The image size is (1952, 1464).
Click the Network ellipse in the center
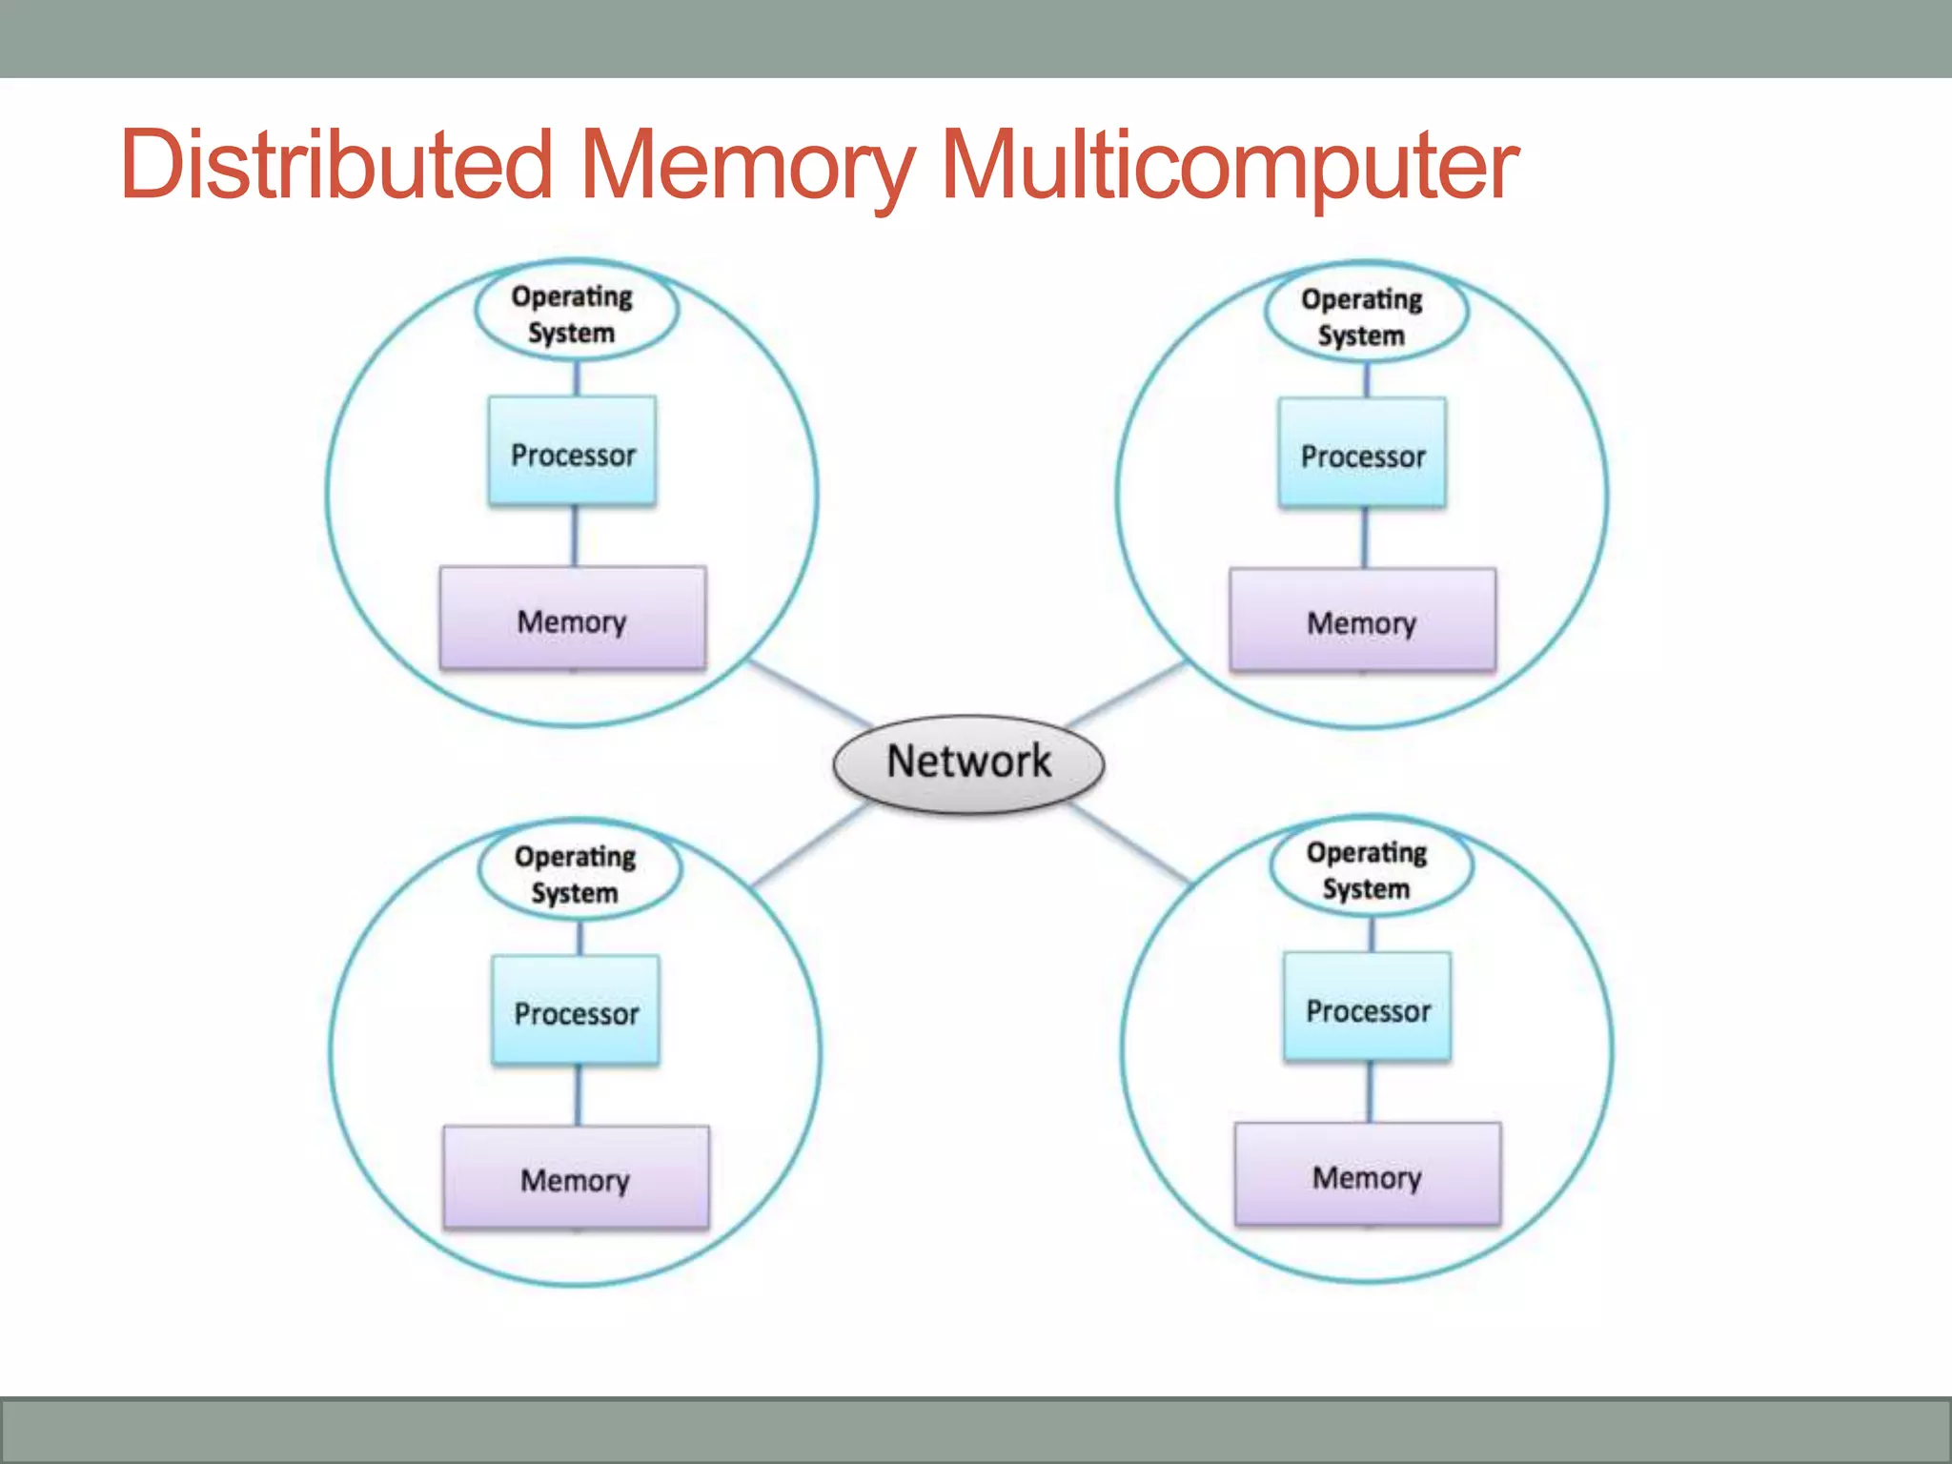pos(968,763)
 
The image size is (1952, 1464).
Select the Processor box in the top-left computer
pos(572,451)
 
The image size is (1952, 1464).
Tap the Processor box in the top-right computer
pos(1362,453)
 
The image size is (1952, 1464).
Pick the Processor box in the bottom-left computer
pos(576,1010)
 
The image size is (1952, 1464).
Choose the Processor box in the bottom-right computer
pos(1367,1007)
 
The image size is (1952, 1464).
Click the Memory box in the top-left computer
pos(572,619)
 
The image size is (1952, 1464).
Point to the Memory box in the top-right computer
pos(1362,620)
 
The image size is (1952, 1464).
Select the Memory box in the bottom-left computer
pos(576,1178)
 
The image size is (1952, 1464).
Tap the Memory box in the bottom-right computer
pos(1367,1174)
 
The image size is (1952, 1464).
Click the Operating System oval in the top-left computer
pos(576,313)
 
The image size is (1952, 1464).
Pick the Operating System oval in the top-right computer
pos(1366,315)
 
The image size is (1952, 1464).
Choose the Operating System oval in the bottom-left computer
pos(579,872)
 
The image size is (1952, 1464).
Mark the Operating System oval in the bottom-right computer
pos(1371,868)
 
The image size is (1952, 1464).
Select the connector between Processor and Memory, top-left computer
pos(574,536)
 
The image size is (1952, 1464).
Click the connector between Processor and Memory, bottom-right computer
pos(1370,1091)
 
